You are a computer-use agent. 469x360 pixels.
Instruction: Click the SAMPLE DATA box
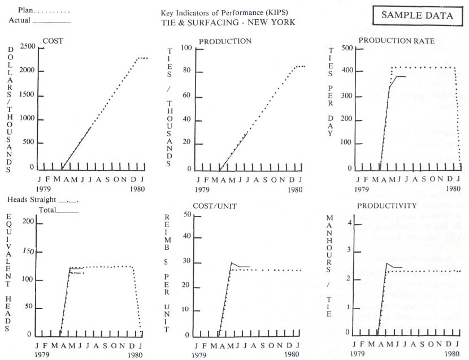pos(417,15)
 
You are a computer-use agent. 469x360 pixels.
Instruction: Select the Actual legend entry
pos(19,21)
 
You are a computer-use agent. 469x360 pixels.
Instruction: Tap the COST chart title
pos(54,41)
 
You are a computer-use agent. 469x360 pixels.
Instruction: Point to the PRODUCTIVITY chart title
pos(387,206)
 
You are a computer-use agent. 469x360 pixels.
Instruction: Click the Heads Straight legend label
pos(32,200)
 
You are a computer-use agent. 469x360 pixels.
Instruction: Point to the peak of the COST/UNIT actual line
pos(231,263)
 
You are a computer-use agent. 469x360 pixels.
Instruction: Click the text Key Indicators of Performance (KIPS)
pos(227,12)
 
